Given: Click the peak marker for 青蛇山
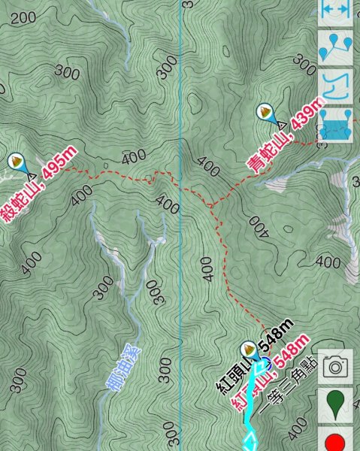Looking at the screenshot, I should [265, 113].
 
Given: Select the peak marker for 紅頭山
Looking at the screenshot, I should [248, 350].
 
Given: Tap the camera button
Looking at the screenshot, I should [336, 366].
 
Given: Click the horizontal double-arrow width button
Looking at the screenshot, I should [336, 9].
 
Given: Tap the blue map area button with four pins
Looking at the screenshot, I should [336, 124].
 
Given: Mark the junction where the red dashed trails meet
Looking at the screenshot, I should [212, 204].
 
